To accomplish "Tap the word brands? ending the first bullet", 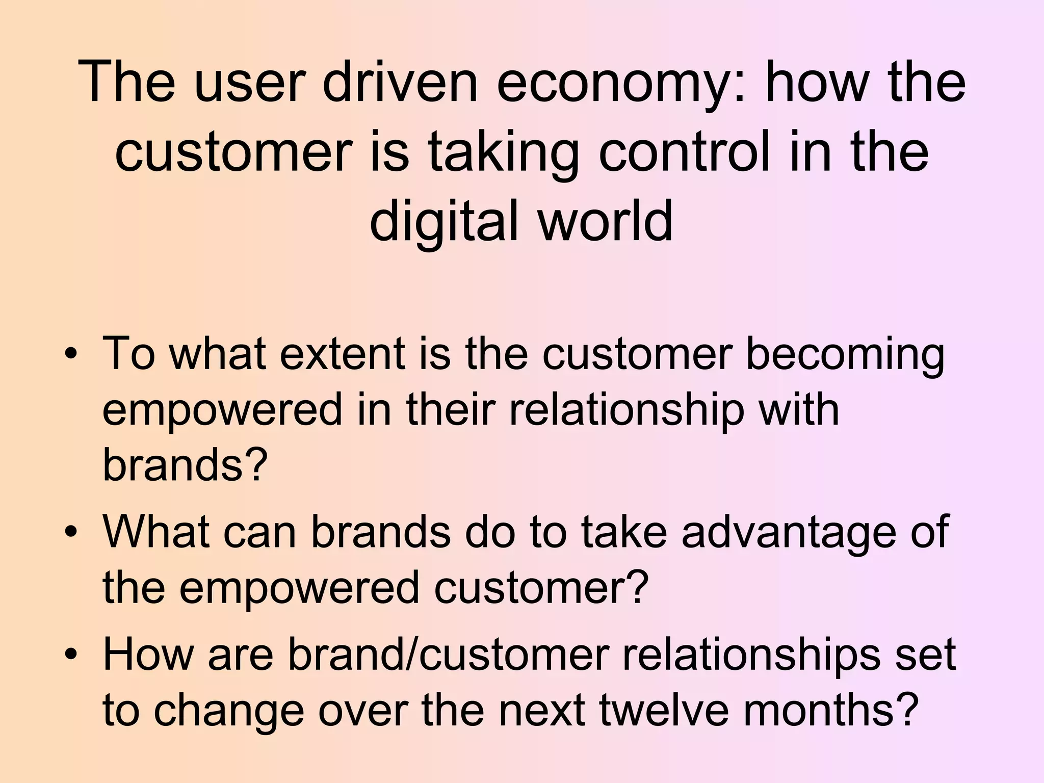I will (x=185, y=464).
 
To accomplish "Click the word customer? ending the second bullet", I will (x=541, y=587).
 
